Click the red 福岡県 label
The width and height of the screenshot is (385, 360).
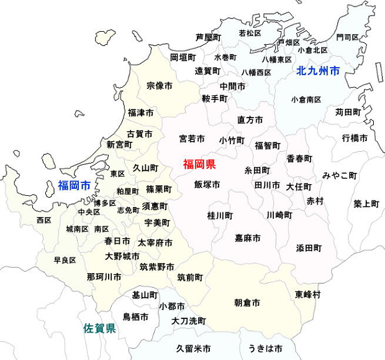coord(199,165)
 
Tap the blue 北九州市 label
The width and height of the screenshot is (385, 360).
coord(318,71)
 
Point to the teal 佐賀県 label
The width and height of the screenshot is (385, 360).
coord(99,328)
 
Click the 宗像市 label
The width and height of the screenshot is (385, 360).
coord(159,86)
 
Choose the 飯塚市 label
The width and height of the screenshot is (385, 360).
coord(207,185)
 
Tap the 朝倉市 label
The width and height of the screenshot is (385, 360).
coord(247,303)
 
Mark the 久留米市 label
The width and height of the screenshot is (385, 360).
coord(193,348)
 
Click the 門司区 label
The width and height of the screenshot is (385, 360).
coord(347,37)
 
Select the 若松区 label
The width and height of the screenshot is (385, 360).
coord(250,33)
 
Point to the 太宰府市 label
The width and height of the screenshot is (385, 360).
coord(155,242)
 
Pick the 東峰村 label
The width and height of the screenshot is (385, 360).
coord(308,294)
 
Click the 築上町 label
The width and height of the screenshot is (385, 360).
coord(366,203)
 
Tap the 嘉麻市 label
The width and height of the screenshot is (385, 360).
coord(247,238)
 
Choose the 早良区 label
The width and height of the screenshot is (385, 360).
coord(65,260)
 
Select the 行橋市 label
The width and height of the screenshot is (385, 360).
coord(354,138)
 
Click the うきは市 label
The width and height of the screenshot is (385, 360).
coord(265,348)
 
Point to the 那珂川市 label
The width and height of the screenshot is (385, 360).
coord(104,277)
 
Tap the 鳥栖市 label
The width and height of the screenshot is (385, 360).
coord(135,317)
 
